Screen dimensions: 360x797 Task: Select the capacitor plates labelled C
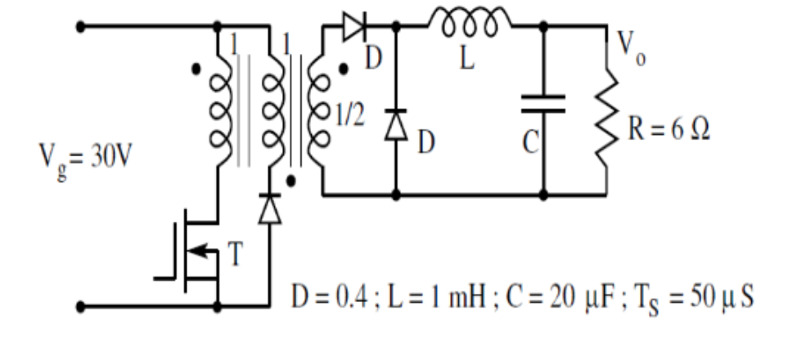(x=543, y=104)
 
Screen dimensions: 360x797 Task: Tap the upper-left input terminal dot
(x=79, y=25)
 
